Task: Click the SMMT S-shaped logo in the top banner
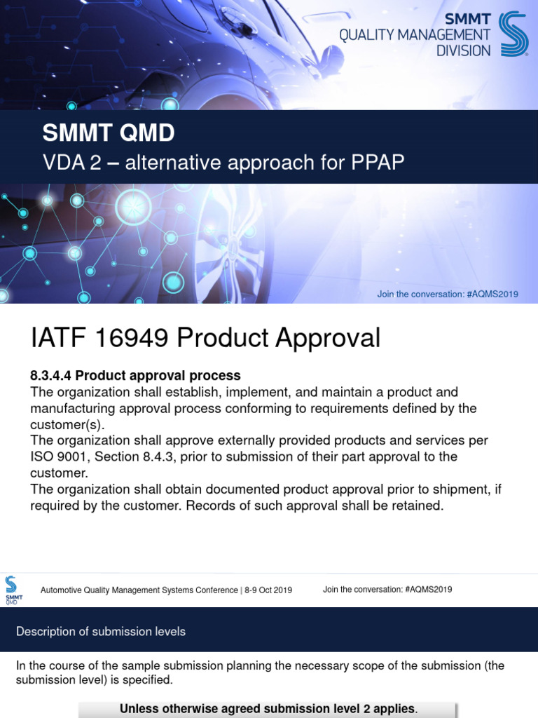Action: point(513,33)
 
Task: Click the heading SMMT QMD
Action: point(109,133)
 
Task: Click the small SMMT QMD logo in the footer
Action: point(13,590)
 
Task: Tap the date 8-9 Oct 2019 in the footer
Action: point(268,590)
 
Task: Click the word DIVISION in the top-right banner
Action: point(464,50)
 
